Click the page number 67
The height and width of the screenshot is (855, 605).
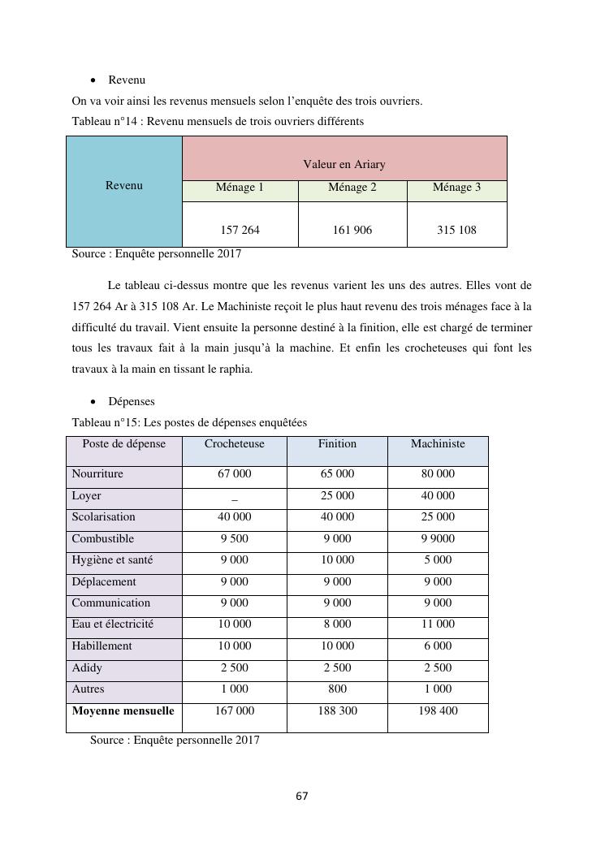(x=302, y=797)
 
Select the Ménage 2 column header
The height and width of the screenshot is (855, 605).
(x=352, y=188)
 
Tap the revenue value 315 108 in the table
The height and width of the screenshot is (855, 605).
(x=456, y=230)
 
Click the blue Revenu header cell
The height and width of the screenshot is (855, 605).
(x=124, y=186)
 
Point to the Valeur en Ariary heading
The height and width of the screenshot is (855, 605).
(x=344, y=164)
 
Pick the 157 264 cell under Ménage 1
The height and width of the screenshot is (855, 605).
(x=240, y=230)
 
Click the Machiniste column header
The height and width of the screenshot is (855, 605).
(x=438, y=444)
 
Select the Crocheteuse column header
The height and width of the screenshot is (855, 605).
(x=234, y=444)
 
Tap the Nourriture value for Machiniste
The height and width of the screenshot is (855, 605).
(x=438, y=474)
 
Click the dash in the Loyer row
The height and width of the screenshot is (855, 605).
(x=235, y=497)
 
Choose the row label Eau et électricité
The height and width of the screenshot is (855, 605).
(x=112, y=624)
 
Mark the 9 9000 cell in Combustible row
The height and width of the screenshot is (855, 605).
(x=438, y=539)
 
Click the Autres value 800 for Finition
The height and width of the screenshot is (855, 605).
(x=337, y=689)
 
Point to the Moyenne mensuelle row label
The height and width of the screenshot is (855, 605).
(x=123, y=711)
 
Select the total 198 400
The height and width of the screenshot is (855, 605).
(x=438, y=711)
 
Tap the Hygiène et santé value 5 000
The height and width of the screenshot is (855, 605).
(x=438, y=560)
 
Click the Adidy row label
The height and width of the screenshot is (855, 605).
(x=87, y=668)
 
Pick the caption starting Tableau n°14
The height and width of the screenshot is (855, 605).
(x=218, y=122)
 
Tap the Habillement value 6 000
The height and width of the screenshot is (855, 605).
(x=438, y=646)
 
